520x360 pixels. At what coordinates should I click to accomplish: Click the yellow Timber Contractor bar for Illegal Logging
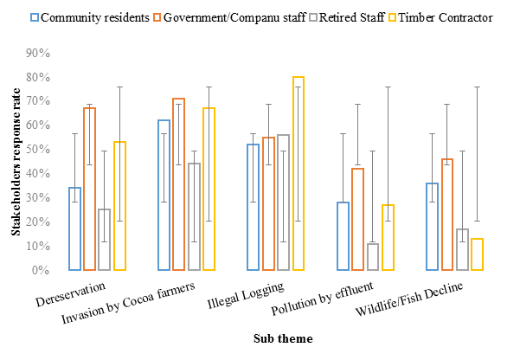coord(299,173)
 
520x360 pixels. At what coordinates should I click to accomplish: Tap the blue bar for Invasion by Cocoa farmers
coord(164,195)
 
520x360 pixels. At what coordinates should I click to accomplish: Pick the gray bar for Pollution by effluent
coord(373,257)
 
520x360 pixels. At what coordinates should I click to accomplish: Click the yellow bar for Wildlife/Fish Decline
coord(477,254)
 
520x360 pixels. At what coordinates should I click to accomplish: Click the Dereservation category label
coord(72,292)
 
